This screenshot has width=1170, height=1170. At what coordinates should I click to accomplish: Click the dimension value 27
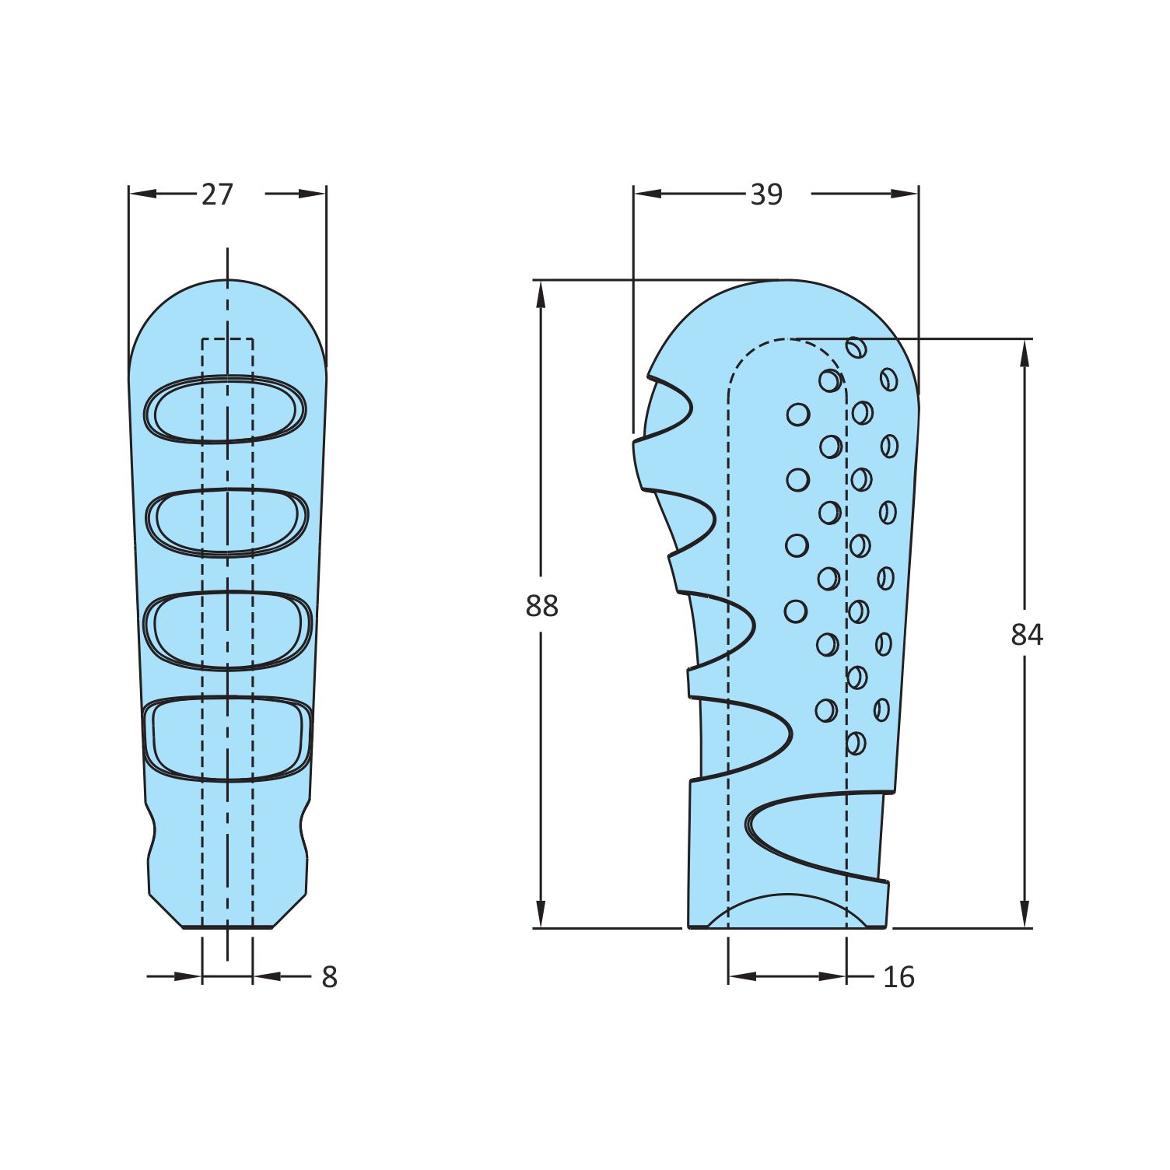pyautogui.click(x=217, y=194)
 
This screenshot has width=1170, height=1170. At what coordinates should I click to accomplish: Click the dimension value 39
pyautogui.click(x=765, y=194)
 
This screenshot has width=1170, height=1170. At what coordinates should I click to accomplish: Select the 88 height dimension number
pyautogui.click(x=541, y=605)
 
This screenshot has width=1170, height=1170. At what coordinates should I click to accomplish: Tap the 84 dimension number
pyautogui.click(x=1026, y=635)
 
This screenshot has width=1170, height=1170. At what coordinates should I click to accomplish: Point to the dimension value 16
pyautogui.click(x=899, y=977)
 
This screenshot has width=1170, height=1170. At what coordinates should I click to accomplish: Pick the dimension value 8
pyautogui.click(x=329, y=977)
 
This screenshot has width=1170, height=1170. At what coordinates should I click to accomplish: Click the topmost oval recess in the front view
pyautogui.click(x=226, y=409)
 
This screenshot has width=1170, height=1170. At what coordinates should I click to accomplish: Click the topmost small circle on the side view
pyautogui.click(x=856, y=347)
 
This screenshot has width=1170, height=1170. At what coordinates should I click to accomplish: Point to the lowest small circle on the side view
pyautogui.click(x=855, y=743)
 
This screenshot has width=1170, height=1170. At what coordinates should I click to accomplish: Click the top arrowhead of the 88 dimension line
pyautogui.click(x=541, y=294)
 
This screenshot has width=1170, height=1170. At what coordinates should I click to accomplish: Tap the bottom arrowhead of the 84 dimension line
pyautogui.click(x=1025, y=913)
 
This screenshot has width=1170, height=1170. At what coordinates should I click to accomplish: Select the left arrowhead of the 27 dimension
pyautogui.click(x=143, y=194)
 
